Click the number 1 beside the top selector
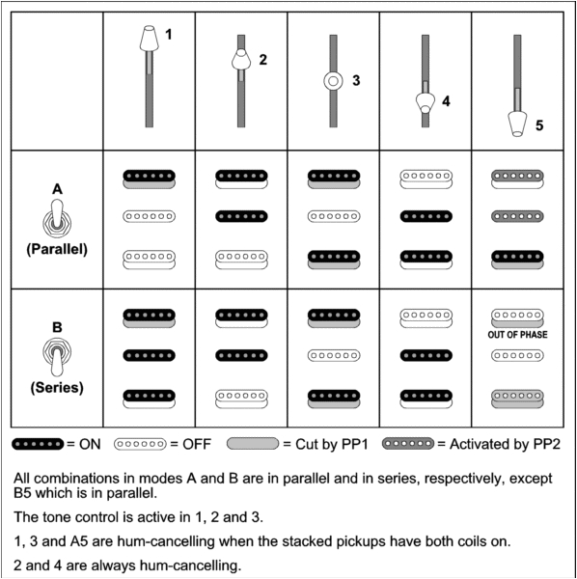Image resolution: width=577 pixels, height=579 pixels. click(x=169, y=35)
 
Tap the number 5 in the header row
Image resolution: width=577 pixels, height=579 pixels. click(x=539, y=124)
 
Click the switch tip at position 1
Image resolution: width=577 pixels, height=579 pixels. click(x=148, y=41)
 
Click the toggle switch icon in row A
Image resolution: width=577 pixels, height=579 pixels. click(x=57, y=216)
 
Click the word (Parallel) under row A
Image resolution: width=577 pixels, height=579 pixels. click(x=57, y=248)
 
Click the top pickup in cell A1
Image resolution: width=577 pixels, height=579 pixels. click(x=149, y=178)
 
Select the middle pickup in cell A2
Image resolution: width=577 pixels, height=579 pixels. click(x=241, y=216)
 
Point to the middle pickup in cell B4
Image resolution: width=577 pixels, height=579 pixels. click(x=426, y=355)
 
